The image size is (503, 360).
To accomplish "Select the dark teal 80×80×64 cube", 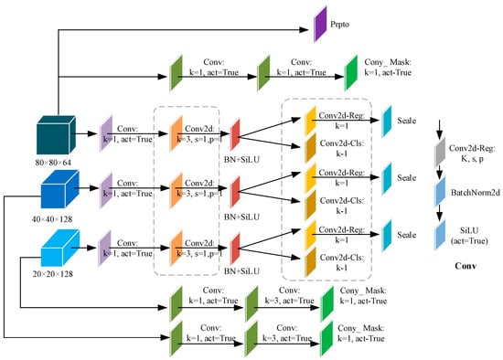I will click(57, 138).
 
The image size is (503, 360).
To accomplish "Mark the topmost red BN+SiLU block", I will click(235, 136).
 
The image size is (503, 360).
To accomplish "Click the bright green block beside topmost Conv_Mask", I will click(351, 72).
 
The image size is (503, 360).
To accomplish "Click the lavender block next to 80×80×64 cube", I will click(107, 137).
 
